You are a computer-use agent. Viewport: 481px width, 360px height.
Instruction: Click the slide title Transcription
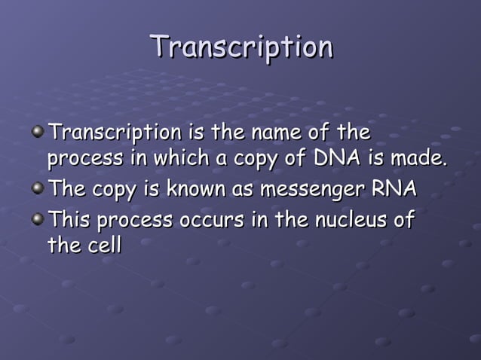pyautogui.click(x=241, y=47)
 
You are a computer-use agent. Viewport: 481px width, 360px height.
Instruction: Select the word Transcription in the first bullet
pyautogui.click(x=114, y=134)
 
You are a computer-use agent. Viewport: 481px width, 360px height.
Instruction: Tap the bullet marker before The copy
pyautogui.click(x=38, y=188)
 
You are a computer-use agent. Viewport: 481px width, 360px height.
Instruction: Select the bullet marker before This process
pyautogui.click(x=38, y=219)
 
